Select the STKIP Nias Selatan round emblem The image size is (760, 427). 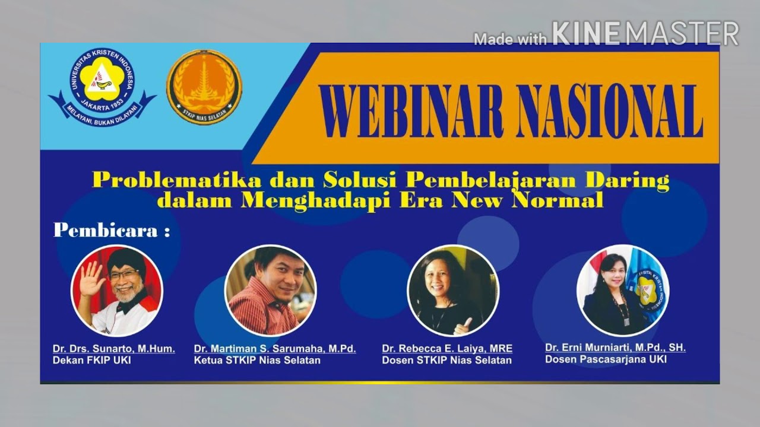click(204, 87)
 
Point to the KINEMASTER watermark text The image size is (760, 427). click(645, 34)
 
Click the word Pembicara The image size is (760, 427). click(106, 231)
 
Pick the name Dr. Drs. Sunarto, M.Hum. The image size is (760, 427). click(114, 349)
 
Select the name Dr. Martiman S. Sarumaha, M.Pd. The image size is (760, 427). click(275, 349)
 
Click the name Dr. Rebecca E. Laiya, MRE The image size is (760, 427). click(447, 349)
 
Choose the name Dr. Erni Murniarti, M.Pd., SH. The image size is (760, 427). click(615, 348)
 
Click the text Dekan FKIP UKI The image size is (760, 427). click(92, 361)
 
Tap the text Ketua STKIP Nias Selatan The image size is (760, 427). click(257, 361)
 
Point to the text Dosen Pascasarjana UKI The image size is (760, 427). click(606, 359)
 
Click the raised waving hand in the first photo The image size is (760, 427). click(91, 278)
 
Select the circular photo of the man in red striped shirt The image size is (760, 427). click(270, 291)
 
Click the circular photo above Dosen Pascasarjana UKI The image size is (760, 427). click(622, 290)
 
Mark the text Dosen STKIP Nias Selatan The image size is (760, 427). click(446, 361)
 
